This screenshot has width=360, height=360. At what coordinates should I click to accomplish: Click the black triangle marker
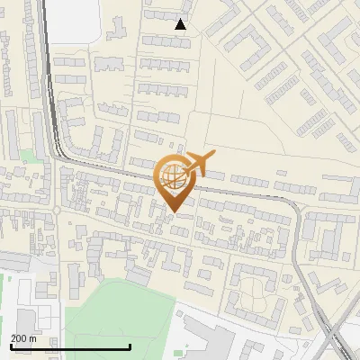click(181, 24)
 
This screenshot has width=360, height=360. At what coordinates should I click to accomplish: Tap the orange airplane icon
click(200, 165)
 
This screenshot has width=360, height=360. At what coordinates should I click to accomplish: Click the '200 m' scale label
click(23, 338)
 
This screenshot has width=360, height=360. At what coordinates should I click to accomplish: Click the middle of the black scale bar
click(70, 346)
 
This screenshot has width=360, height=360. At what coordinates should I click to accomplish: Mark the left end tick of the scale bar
click(10, 346)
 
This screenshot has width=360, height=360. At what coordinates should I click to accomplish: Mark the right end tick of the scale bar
click(130, 346)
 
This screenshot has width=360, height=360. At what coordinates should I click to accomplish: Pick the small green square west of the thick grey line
click(27, 157)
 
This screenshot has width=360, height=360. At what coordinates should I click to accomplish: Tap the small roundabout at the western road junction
click(56, 211)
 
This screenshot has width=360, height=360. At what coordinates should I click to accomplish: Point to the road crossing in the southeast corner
click(337, 342)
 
